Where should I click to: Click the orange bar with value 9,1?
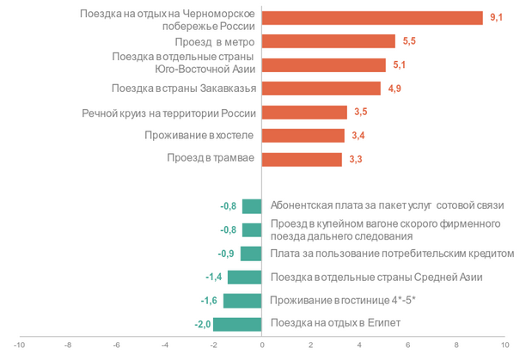point(372,18)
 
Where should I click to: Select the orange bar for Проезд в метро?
point(328,41)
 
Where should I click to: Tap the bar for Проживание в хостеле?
point(303,135)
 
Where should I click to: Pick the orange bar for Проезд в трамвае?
point(302,159)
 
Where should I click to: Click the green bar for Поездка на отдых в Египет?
point(237,324)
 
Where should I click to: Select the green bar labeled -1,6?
point(242,301)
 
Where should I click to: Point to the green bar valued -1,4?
point(245,277)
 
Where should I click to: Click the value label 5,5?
point(408,41)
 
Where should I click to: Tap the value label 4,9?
point(394,88)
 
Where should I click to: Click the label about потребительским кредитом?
point(391,253)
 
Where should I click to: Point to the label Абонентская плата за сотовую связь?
point(386,206)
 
